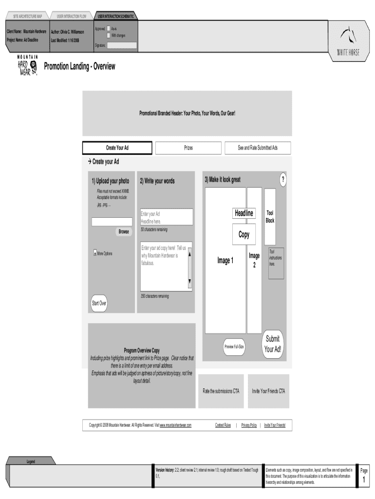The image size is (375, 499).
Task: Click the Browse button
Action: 124,231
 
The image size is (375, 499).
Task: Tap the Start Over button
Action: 99,303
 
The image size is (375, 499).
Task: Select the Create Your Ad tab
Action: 117,148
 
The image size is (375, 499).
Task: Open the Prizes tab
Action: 188,148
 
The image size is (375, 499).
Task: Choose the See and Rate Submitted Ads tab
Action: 257,148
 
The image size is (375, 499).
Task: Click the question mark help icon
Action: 283,180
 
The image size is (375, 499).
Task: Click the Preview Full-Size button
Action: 234,346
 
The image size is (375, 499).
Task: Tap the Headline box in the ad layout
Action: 244,213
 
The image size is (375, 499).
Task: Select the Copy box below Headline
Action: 244,234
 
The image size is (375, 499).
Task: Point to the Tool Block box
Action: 270,217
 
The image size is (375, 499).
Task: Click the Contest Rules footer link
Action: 223,425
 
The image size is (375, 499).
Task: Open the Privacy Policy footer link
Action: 249,425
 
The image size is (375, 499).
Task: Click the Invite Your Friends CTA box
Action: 268,391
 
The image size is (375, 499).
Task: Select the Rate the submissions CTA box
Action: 221,391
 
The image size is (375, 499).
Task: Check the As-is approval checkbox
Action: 109,29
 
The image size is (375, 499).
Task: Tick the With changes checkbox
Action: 109,35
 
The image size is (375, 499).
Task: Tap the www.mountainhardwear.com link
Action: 175,425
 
